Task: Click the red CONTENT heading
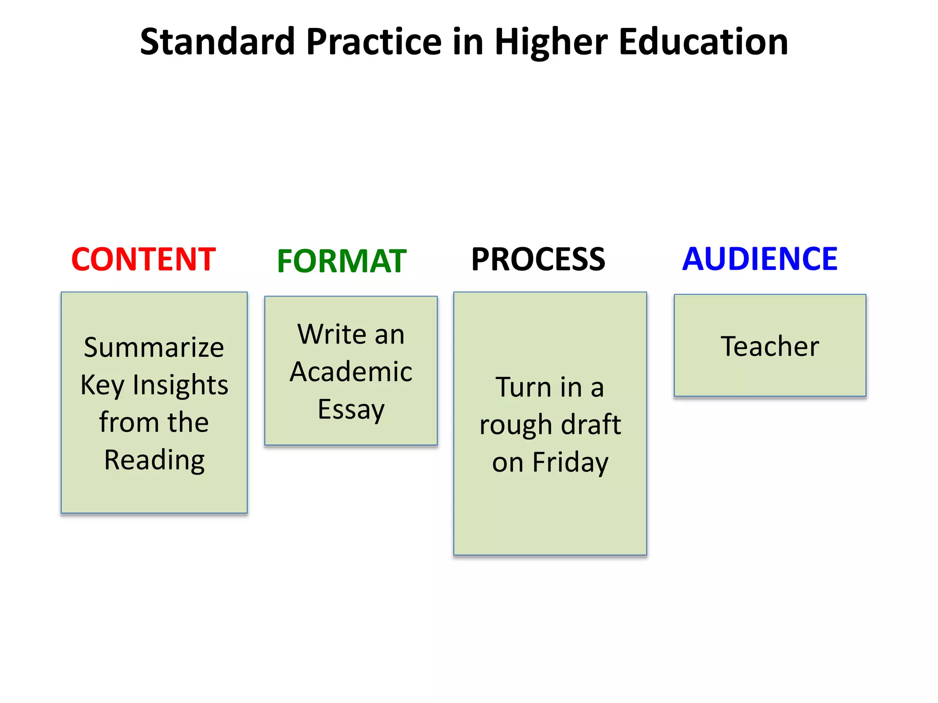(143, 260)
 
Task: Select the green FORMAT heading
(342, 261)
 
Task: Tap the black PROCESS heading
(538, 260)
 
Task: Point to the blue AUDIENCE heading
(760, 259)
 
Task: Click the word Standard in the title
(217, 42)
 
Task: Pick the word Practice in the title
(374, 42)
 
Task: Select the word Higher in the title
(551, 43)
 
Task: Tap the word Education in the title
(703, 42)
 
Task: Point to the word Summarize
(154, 347)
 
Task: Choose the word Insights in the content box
(180, 385)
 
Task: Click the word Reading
(154, 460)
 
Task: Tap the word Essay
(351, 410)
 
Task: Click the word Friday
(570, 462)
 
